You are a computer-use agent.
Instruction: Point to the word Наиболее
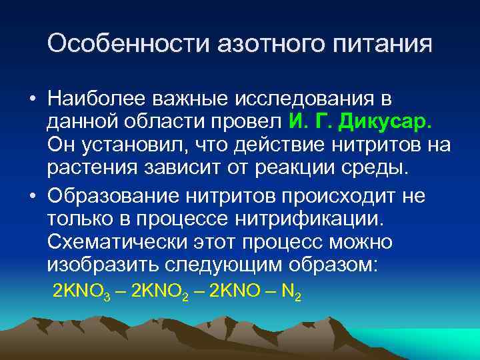tap(96, 99)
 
